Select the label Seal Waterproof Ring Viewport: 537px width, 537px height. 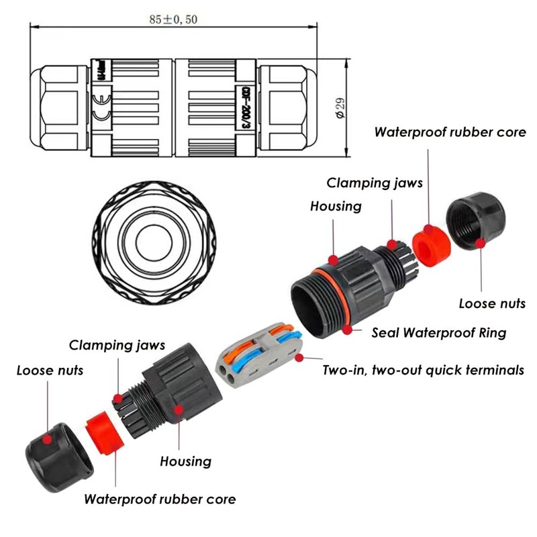[440, 332]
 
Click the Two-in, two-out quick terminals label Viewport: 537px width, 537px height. [424, 370]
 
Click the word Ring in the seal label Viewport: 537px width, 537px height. [491, 332]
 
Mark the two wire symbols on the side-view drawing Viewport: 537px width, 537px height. [101, 109]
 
